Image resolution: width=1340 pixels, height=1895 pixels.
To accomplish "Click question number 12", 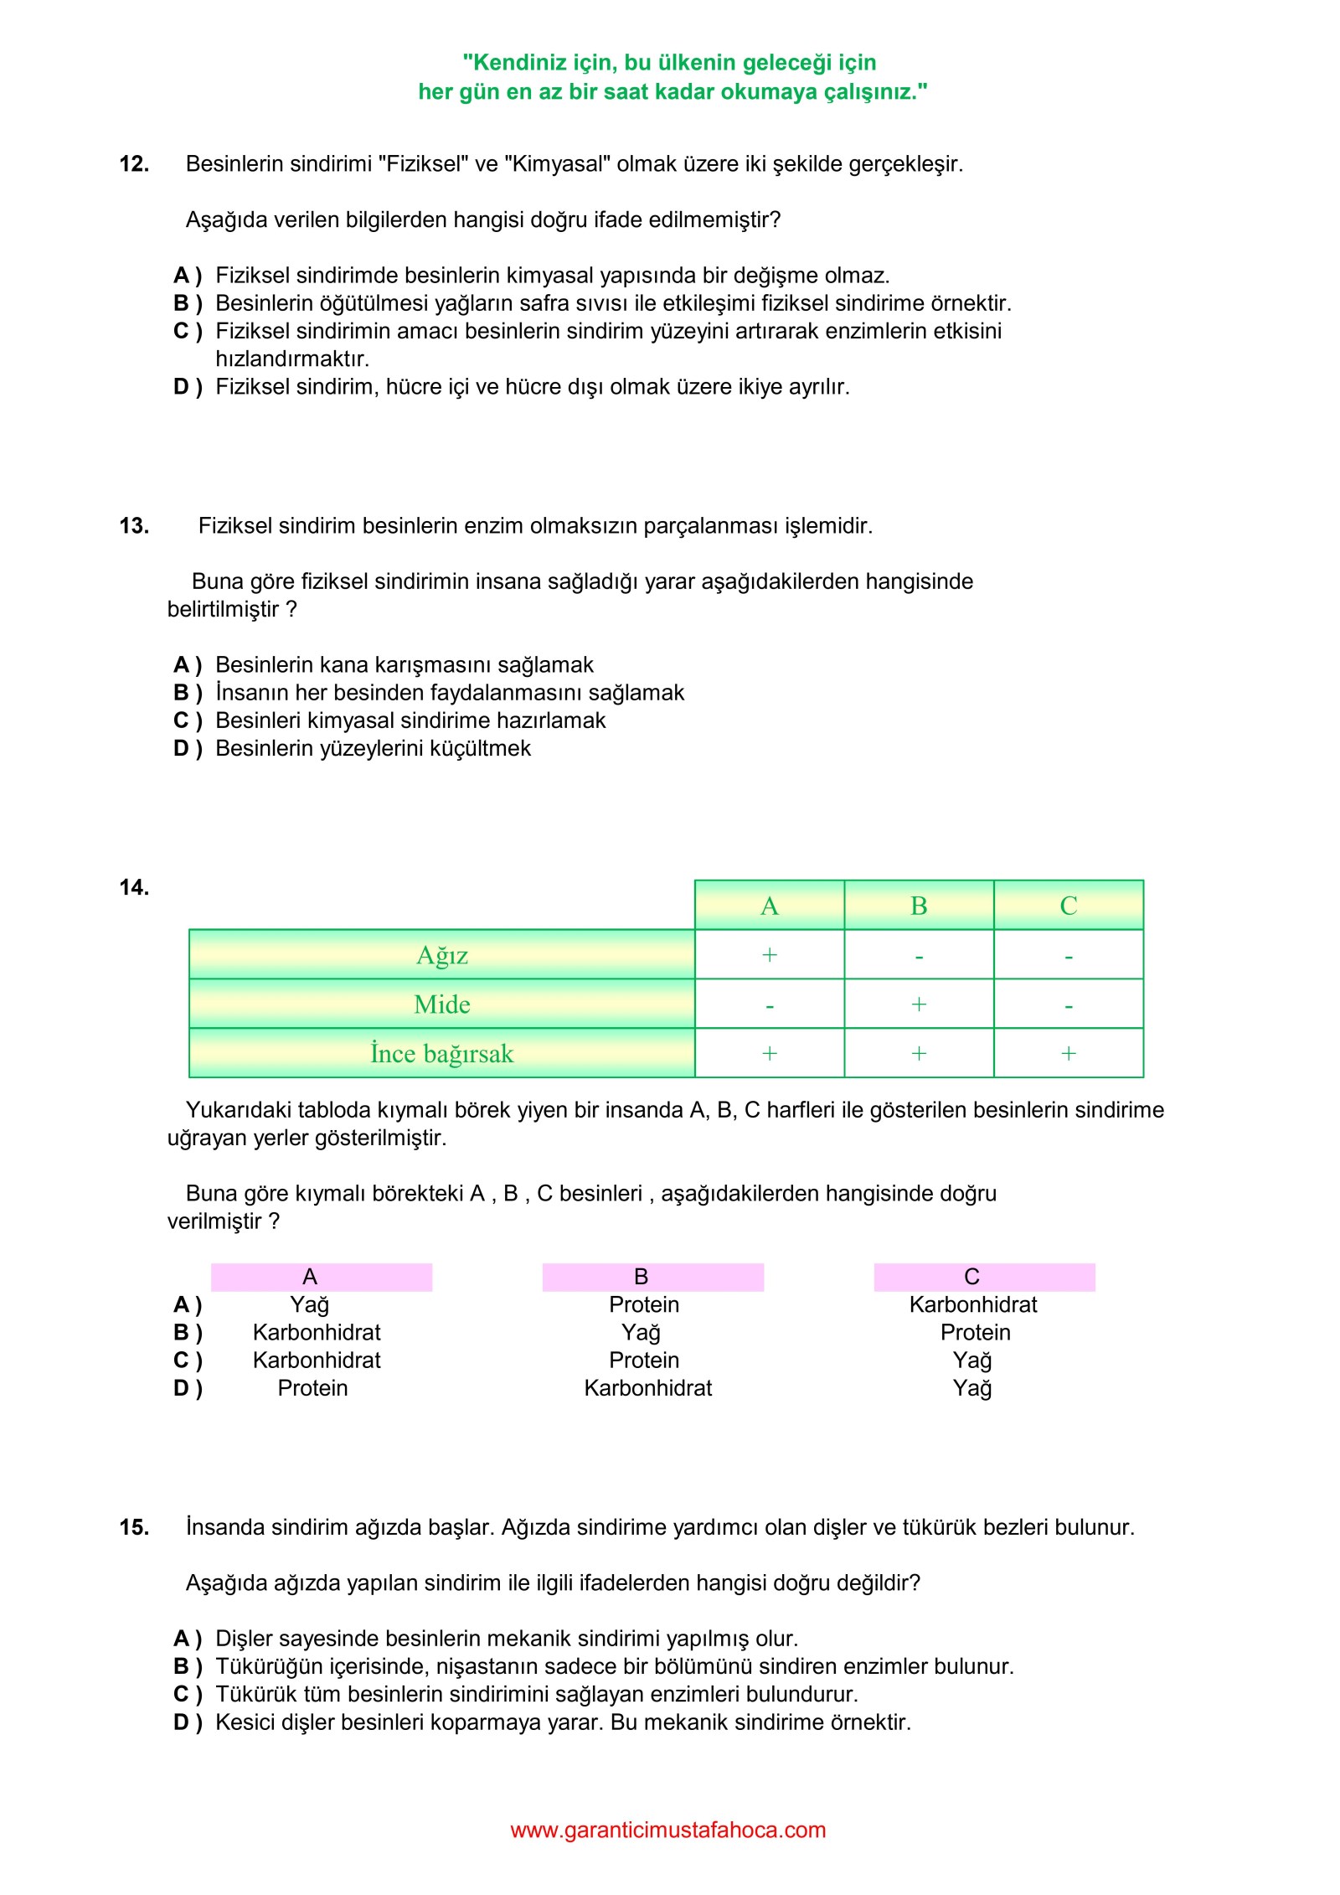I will pyautogui.click(x=134, y=164).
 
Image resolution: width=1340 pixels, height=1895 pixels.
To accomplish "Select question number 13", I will pyautogui.click(x=134, y=526).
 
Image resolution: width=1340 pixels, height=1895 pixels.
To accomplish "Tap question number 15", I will pyautogui.click(x=134, y=1527).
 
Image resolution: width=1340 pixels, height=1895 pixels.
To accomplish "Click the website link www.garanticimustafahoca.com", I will pyautogui.click(x=667, y=1830).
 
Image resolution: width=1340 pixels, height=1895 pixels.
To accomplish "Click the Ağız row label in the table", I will pyautogui.click(x=441, y=955).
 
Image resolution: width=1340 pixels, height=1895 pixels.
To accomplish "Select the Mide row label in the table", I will pyautogui.click(x=441, y=1004).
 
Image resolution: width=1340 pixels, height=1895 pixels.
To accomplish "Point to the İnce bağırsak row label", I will pyautogui.click(x=441, y=1054).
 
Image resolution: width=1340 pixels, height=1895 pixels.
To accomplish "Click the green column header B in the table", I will pyautogui.click(x=919, y=906).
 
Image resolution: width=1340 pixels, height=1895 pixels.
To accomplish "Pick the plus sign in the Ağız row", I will pyautogui.click(x=769, y=955).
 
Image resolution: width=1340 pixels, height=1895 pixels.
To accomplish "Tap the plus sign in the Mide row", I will pyautogui.click(x=919, y=1004).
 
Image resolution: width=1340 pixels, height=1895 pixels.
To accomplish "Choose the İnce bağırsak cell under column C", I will pyautogui.click(x=1068, y=1054).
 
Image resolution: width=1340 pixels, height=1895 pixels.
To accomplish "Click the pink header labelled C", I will pyautogui.click(x=984, y=1277).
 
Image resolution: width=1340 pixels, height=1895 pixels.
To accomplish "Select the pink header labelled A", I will pyautogui.click(x=321, y=1277).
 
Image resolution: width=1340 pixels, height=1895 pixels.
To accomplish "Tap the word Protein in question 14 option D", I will pyautogui.click(x=312, y=1388).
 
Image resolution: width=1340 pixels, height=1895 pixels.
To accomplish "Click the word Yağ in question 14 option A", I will pyautogui.click(x=309, y=1305).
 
